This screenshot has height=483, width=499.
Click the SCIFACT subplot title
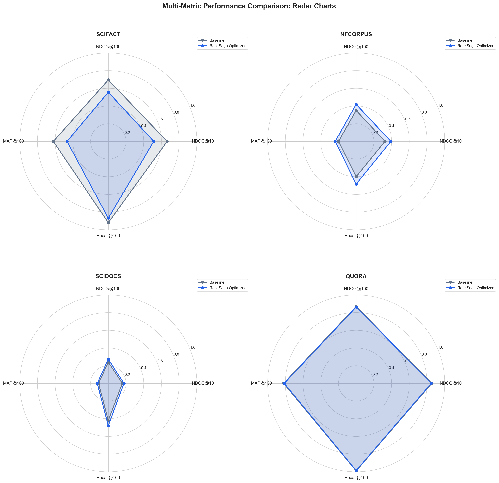point(108,34)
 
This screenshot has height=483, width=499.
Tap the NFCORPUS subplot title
point(356,34)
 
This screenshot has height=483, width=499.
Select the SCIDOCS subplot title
point(108,276)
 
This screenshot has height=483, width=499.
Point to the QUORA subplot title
point(356,276)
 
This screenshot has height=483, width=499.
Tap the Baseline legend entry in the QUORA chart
point(465,282)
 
